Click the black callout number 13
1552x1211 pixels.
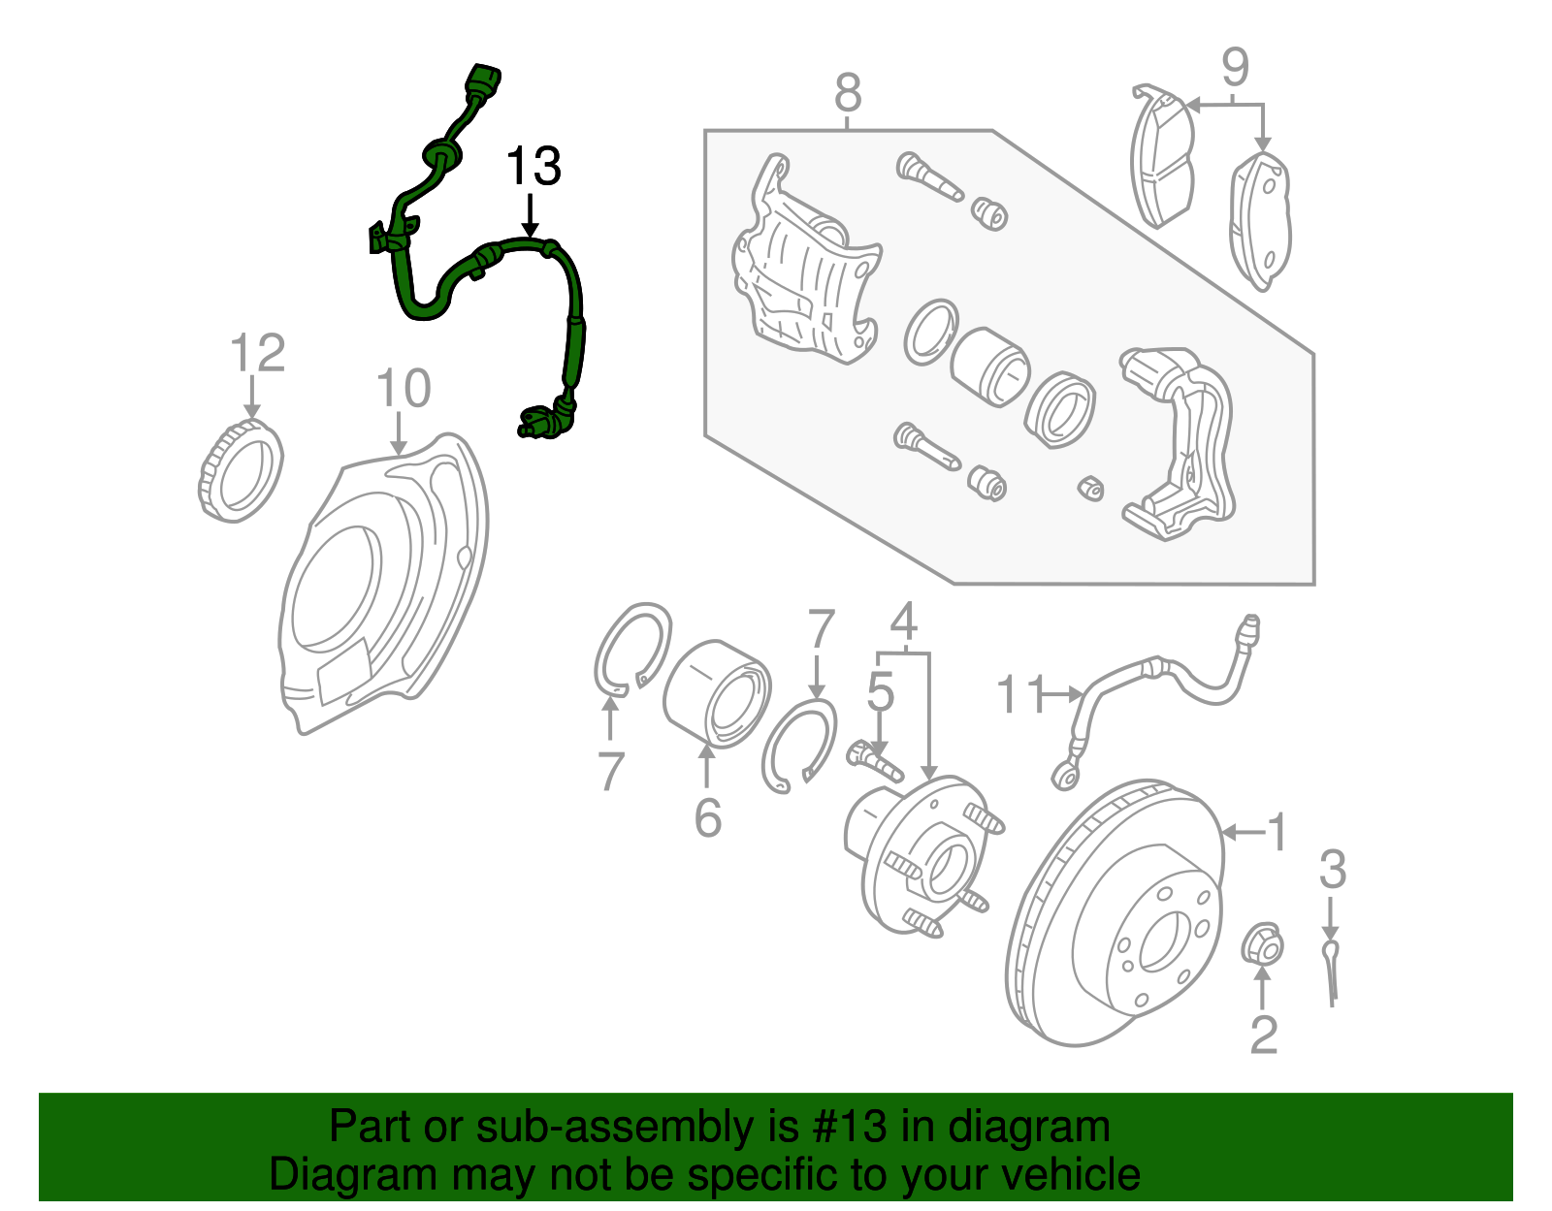click(x=533, y=167)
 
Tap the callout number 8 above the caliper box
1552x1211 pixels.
click(x=847, y=94)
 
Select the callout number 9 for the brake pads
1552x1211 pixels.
click(x=1234, y=68)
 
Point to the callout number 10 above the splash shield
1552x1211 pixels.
click(x=403, y=389)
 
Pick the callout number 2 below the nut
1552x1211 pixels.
click(x=1262, y=1035)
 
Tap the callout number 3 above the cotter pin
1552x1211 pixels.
click(x=1332, y=870)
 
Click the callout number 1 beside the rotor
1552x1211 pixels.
click(x=1277, y=832)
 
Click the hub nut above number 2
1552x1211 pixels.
click(x=1263, y=944)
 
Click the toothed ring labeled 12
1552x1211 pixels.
click(x=241, y=472)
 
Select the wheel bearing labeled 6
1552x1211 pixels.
click(x=717, y=692)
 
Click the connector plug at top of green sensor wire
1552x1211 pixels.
click(x=484, y=80)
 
